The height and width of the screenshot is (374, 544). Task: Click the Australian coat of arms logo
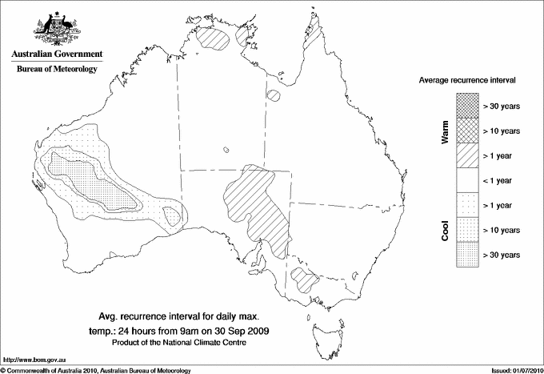[56, 29]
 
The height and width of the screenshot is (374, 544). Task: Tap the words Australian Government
[56, 54]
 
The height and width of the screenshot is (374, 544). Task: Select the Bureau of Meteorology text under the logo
[56, 70]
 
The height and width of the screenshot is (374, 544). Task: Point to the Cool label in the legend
[446, 230]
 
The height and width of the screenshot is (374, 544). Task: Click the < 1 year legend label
[502, 180]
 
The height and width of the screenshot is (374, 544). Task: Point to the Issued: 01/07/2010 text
[514, 370]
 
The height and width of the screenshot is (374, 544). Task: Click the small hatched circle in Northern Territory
[274, 96]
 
